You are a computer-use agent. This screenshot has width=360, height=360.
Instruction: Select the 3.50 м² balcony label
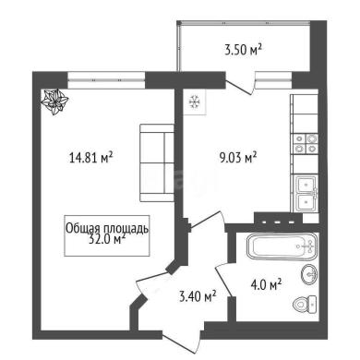click(243, 50)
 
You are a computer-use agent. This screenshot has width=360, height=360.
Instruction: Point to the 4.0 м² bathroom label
click(267, 285)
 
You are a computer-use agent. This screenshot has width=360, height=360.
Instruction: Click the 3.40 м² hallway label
click(198, 297)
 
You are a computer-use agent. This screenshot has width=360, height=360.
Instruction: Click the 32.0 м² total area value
click(107, 239)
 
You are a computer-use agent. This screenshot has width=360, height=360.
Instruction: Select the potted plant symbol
click(54, 102)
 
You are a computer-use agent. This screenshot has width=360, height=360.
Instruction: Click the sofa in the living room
click(157, 162)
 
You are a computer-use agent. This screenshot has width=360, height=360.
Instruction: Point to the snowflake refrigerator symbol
click(194, 102)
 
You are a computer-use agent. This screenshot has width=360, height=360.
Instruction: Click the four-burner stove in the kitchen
click(305, 144)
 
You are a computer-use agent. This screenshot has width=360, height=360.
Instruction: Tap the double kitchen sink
click(306, 193)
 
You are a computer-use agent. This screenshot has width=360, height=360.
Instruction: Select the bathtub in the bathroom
click(283, 246)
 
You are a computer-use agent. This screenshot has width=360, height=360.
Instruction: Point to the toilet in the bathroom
click(305, 305)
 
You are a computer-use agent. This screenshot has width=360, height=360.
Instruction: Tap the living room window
click(106, 80)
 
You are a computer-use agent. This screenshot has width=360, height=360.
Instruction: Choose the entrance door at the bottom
click(183, 339)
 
